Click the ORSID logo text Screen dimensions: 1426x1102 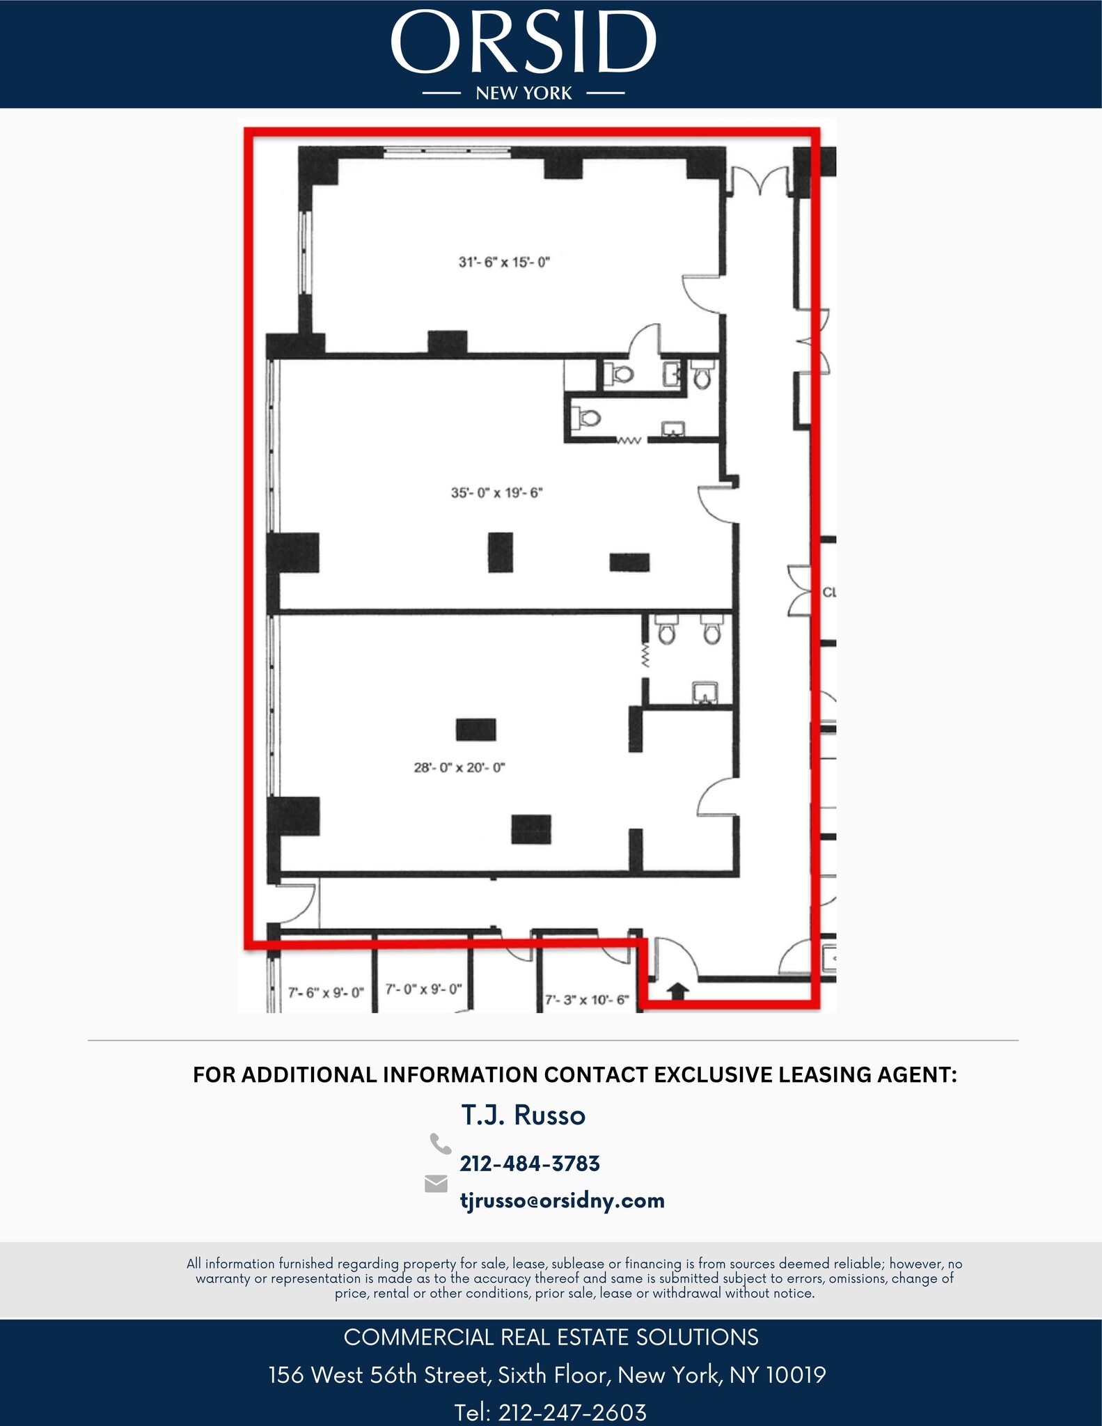coord(524,43)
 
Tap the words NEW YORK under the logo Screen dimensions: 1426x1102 coord(524,93)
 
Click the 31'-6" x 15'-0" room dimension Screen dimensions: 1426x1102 coord(504,263)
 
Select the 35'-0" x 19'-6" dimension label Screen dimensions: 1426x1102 coord(496,493)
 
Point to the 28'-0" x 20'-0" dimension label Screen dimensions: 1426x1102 coord(459,768)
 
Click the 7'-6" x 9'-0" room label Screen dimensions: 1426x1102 coord(326,992)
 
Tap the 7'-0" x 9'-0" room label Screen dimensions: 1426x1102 coord(423,989)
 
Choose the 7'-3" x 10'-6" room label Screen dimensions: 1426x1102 coord(586,1000)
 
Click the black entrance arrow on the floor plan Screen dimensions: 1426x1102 coord(679,991)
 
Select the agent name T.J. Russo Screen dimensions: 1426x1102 coord(523,1115)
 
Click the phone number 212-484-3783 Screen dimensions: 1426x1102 coord(530,1163)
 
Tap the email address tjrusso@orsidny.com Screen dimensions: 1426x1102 coord(562,1200)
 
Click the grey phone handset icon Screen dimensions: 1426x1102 coord(440,1144)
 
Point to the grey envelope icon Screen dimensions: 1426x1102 coord(436,1184)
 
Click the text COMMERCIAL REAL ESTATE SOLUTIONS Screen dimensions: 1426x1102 coord(551,1338)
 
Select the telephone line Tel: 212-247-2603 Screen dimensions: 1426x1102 coord(551,1412)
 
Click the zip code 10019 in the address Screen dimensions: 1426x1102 coord(796,1375)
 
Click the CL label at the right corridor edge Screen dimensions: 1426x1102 coord(828,593)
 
